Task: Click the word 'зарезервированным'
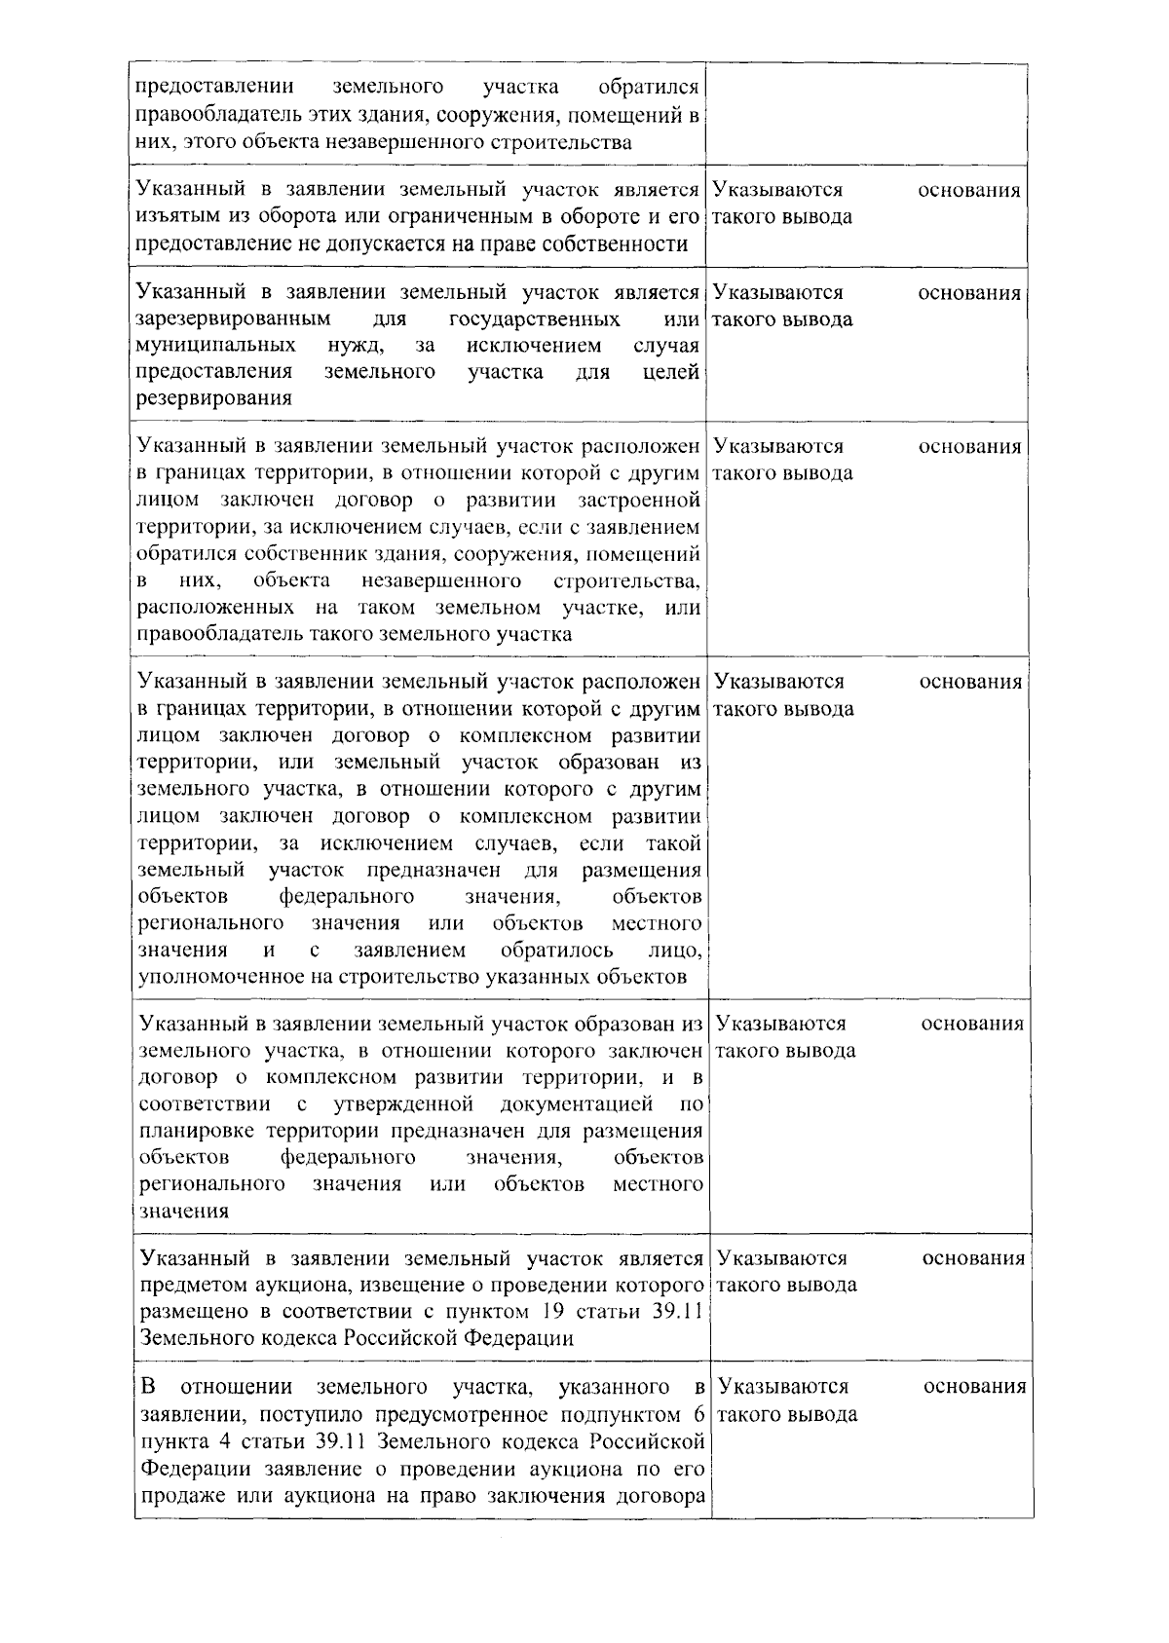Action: coord(233,319)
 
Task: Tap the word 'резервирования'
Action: coord(214,398)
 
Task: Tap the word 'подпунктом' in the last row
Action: coord(626,1414)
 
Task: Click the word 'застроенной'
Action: coord(639,501)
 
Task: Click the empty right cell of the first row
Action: coord(868,115)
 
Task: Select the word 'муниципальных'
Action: coord(216,346)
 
